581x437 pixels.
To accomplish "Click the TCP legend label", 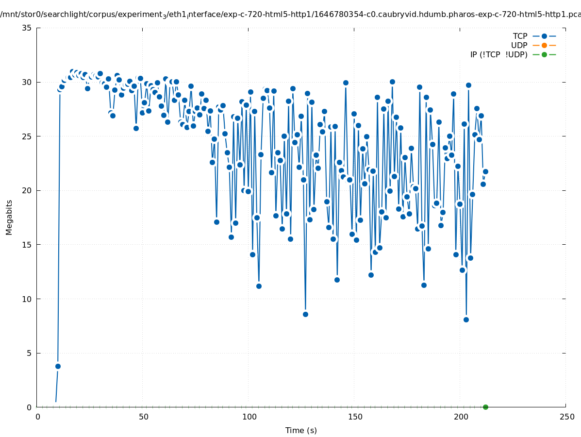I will pyautogui.click(x=520, y=36).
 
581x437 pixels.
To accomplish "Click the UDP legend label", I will pyautogui.click(x=519, y=45).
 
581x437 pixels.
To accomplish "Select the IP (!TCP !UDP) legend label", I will pyautogui.click(x=498, y=54).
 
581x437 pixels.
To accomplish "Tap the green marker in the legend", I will pyautogui.click(x=544, y=54).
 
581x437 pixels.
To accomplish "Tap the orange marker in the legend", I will pyautogui.click(x=544, y=45).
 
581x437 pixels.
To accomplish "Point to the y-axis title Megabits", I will pyautogui.click(x=9, y=217).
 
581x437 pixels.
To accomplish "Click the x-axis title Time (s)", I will pyautogui.click(x=301, y=430).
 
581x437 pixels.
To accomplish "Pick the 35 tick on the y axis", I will pyautogui.click(x=27, y=28).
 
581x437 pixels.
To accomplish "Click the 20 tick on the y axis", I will pyautogui.click(x=27, y=190).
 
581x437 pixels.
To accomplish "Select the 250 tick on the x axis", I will pyautogui.click(x=566, y=417).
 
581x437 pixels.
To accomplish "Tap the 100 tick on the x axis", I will pyautogui.click(x=249, y=417).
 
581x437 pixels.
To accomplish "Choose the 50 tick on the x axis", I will pyautogui.click(x=143, y=417).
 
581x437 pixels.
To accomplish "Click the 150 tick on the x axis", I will pyautogui.click(x=355, y=417).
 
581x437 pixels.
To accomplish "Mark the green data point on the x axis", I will pyautogui.click(x=485, y=407).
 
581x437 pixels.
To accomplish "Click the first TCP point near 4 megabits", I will pyautogui.click(x=58, y=366).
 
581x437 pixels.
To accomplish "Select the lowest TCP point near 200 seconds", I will pyautogui.click(x=466, y=319).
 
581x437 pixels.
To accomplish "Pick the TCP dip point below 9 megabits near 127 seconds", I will pyautogui.click(x=305, y=314).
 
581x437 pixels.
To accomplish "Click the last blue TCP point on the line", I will pyautogui.click(x=485, y=171).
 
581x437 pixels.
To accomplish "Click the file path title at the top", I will pyautogui.click(x=290, y=14).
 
